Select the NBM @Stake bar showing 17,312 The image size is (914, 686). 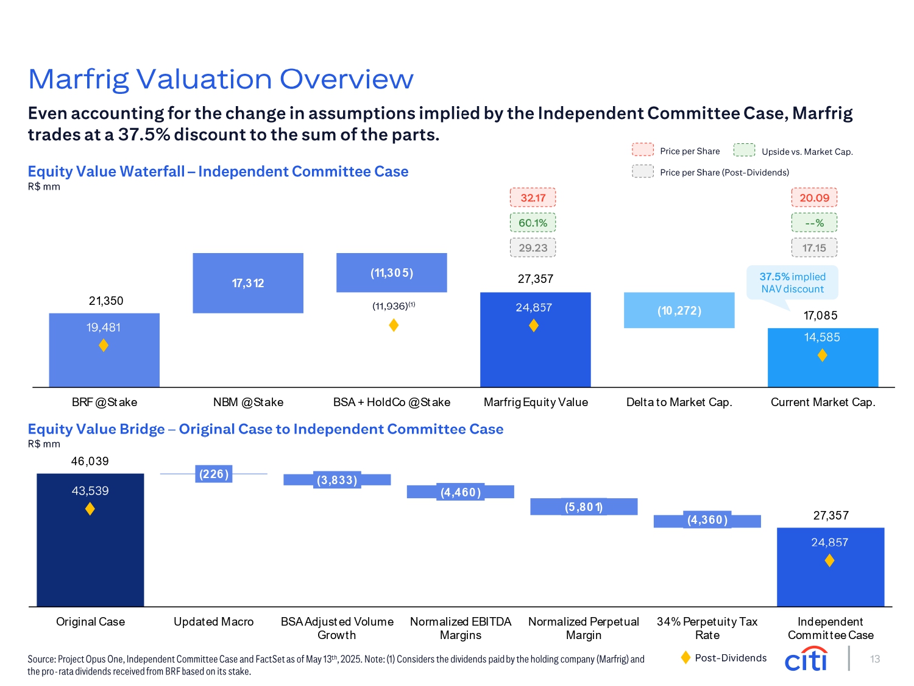point(248,283)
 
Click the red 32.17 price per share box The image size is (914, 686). point(533,198)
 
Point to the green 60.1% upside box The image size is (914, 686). point(533,223)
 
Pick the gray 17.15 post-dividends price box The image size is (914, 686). point(814,248)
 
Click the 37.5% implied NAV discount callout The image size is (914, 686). point(792,283)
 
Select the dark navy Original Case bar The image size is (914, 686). point(90,540)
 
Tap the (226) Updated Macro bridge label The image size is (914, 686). point(214,474)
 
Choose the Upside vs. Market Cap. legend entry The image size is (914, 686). point(793,151)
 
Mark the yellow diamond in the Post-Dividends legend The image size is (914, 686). point(685,657)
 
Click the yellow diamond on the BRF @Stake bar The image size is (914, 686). point(104,346)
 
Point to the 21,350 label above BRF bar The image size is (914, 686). point(106,301)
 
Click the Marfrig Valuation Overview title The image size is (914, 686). point(221,79)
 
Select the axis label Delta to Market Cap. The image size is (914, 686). point(679,402)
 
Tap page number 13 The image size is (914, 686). point(875,659)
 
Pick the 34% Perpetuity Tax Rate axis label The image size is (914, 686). point(707,628)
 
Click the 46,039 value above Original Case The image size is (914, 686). point(90,462)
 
